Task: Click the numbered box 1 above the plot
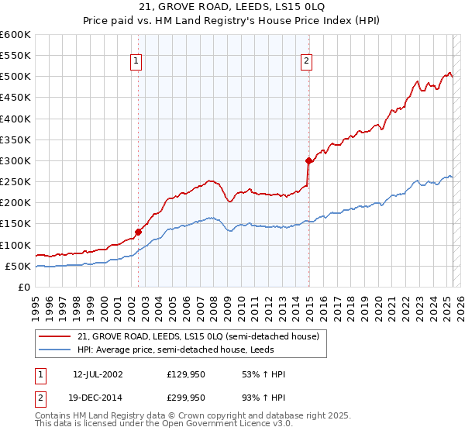136,61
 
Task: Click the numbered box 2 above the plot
307,61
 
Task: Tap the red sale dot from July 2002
139,232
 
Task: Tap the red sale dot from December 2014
308,160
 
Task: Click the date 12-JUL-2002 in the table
98,374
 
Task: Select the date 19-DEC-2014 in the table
98,398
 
